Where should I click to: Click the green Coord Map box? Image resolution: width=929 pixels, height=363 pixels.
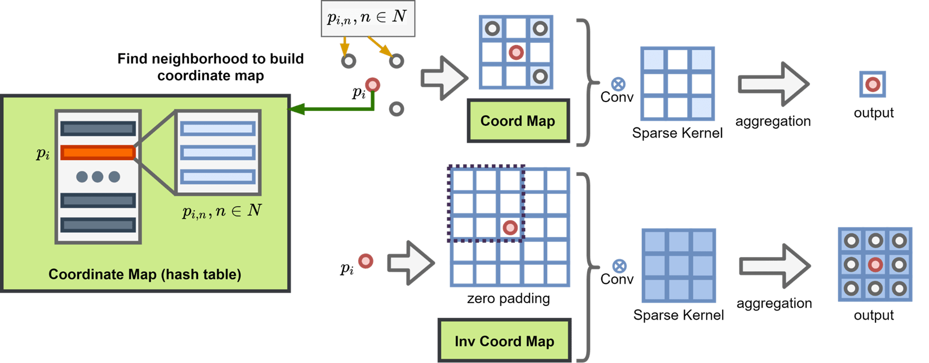click(x=518, y=121)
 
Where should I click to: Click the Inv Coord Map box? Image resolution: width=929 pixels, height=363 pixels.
click(x=504, y=341)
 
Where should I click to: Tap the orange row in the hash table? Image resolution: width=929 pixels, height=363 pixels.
click(x=98, y=152)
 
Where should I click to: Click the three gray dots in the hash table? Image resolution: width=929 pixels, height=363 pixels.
click(x=98, y=176)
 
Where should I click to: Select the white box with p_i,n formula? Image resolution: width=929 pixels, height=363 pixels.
click(x=367, y=18)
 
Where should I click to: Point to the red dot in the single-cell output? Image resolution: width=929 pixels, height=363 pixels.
click(x=873, y=85)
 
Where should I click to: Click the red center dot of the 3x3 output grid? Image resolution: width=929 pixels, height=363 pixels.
click(x=875, y=264)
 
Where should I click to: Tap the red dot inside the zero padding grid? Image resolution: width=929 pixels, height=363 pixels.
click(x=510, y=228)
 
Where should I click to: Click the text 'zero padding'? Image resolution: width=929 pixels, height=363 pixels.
click(x=508, y=298)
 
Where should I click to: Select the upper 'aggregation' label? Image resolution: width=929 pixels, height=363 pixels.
click(x=773, y=121)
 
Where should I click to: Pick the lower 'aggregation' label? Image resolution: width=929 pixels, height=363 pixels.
click(x=774, y=303)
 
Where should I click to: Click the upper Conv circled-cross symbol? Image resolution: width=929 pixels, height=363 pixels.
click(x=619, y=85)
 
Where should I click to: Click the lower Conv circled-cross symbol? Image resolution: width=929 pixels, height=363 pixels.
click(x=619, y=266)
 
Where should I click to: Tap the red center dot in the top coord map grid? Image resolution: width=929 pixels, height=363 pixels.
click(x=516, y=53)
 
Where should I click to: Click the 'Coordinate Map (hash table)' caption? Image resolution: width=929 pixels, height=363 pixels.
click(x=144, y=275)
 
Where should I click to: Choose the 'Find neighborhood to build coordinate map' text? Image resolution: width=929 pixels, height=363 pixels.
click(x=210, y=67)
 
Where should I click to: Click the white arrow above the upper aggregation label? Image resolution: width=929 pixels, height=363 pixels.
click(x=773, y=85)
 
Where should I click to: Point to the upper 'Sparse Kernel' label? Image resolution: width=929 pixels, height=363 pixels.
click(x=677, y=133)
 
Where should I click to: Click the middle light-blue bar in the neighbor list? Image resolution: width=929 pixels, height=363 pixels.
click(x=218, y=153)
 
